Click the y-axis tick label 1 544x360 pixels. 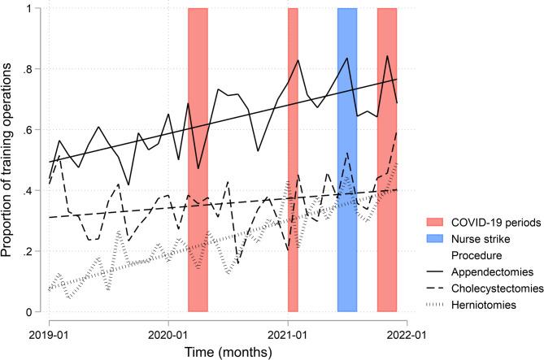click(37, 9)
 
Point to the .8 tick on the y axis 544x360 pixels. click(33, 70)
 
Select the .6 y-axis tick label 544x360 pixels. click(33, 131)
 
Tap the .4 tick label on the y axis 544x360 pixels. click(33, 191)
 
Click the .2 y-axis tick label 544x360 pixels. click(33, 252)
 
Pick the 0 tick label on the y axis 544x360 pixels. click(37, 312)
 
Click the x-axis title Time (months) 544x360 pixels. click(228, 351)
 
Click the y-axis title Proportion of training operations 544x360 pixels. click(10, 160)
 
